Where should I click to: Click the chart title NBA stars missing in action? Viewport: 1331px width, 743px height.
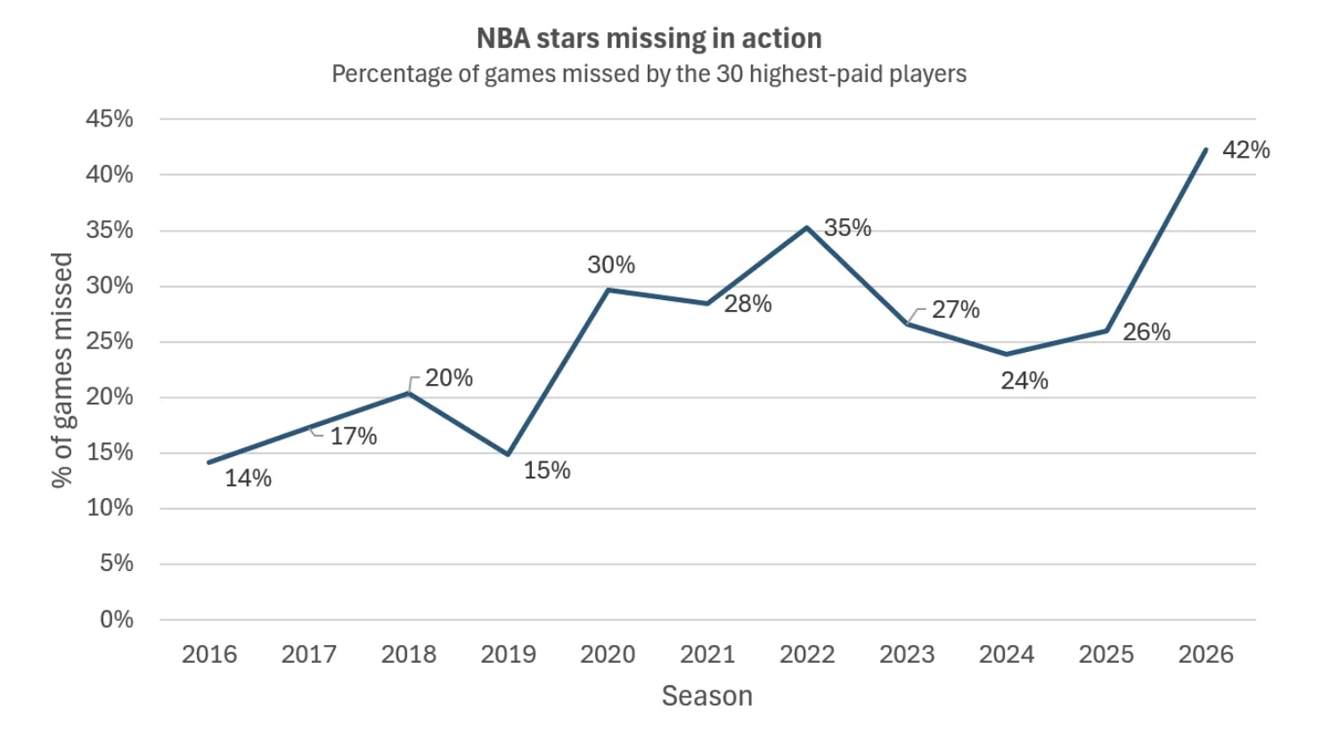pos(649,39)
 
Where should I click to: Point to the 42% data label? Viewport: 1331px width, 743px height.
pos(1245,150)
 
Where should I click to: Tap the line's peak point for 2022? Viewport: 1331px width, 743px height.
pos(806,228)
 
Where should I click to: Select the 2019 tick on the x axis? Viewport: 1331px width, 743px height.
pos(508,654)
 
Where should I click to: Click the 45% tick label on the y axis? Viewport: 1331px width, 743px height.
pos(110,118)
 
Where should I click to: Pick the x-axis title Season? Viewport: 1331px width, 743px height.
pos(706,696)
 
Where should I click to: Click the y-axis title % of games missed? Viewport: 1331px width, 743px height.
pos(61,370)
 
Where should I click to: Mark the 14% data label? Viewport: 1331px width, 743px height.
pos(248,478)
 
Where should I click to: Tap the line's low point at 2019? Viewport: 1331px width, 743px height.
pos(508,454)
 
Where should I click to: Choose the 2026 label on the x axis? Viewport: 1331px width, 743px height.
pos(1205,654)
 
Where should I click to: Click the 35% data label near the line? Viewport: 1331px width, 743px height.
pos(847,228)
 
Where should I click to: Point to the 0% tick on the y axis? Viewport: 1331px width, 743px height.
pos(117,619)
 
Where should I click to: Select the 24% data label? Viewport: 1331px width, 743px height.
pos(1024,381)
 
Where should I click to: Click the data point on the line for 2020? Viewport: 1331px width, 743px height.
pos(608,290)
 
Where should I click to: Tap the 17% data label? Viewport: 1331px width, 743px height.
pos(354,437)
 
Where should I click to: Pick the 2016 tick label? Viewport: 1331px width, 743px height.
pos(209,654)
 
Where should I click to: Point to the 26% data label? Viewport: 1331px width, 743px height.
pos(1146,332)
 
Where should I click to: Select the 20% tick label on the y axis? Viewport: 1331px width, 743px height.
pos(110,396)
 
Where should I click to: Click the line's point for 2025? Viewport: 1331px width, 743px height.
pos(1106,331)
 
